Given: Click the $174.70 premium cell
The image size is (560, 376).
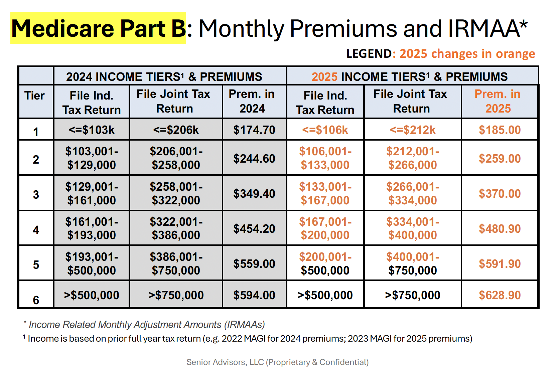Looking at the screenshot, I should pyautogui.click(x=254, y=130).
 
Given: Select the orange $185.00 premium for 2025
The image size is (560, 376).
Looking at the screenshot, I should pyautogui.click(x=500, y=130).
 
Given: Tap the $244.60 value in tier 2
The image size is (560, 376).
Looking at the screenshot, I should pyautogui.click(x=254, y=158).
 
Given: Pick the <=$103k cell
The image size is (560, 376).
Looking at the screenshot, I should pyautogui.click(x=91, y=130).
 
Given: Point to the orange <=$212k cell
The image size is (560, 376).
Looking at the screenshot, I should pyautogui.click(x=412, y=130).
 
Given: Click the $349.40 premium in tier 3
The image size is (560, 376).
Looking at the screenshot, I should pyautogui.click(x=254, y=194).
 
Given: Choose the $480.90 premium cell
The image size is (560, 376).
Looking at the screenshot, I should pyautogui.click(x=500, y=229).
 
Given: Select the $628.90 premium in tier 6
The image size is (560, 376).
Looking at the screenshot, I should pyautogui.click(x=500, y=295).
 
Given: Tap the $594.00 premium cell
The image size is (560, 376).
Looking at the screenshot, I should pyautogui.click(x=254, y=295).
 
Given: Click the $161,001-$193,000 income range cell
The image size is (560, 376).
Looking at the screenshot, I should pyautogui.click(x=91, y=228).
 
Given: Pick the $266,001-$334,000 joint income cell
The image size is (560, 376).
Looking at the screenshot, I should pyautogui.click(x=412, y=193).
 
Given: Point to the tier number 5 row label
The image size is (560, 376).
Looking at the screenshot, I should pyautogui.click(x=36, y=265).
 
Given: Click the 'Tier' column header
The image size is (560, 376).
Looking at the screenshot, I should pyautogui.click(x=34, y=96).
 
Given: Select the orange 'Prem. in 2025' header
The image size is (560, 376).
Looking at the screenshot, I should pyautogui.click(x=498, y=101).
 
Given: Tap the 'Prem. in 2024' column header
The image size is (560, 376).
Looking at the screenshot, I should pyautogui.click(x=252, y=101).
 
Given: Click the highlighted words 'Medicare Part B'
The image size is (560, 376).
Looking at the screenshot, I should pyautogui.click(x=98, y=28).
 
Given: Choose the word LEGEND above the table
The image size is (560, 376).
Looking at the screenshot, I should pyautogui.click(x=369, y=54).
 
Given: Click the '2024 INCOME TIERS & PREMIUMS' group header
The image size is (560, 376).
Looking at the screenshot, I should pyautogui.click(x=164, y=76).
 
